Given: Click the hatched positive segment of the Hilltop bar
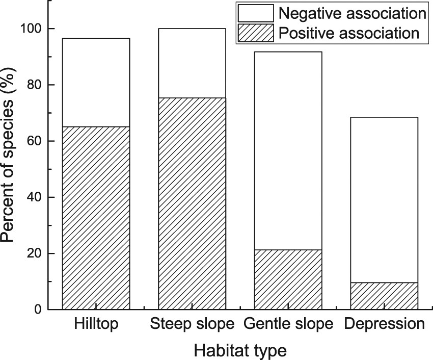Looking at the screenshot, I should [x=96, y=218].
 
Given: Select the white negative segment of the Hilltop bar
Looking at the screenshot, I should [x=96, y=82].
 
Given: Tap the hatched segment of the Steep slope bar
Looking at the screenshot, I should [x=192, y=203].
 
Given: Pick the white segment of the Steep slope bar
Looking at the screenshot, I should [x=192, y=63].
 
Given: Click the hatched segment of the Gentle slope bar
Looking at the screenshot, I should [x=288, y=279].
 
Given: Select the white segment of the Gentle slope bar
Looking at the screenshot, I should [x=288, y=150].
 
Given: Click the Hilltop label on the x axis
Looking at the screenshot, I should [x=96, y=324].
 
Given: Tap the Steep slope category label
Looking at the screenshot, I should [x=192, y=324].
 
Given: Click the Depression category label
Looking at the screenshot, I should [x=384, y=324].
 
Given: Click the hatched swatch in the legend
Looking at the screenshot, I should [x=255, y=33].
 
